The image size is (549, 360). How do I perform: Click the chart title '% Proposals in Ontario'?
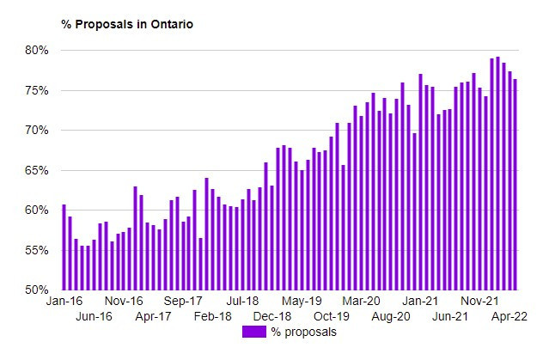click(x=127, y=24)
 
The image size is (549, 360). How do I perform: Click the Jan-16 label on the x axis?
click(x=64, y=302)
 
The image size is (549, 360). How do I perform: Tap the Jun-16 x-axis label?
click(x=95, y=316)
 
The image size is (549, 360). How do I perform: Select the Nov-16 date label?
click(x=124, y=302)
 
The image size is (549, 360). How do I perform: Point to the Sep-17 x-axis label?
click(x=183, y=302)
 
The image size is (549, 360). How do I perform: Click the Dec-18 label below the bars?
click(x=272, y=316)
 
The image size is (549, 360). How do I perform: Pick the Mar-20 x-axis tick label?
click(x=361, y=302)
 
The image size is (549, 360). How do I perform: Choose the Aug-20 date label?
click(x=391, y=316)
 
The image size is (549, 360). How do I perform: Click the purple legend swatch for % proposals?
click(x=254, y=332)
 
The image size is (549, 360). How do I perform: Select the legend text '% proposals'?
click(x=303, y=332)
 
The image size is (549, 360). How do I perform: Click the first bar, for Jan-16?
click(x=64, y=247)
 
